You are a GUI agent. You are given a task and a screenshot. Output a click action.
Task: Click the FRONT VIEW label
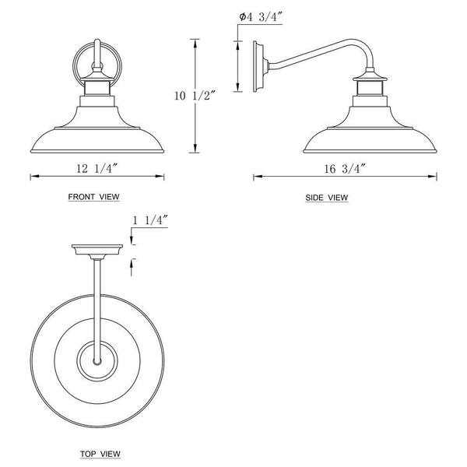tap(94, 198)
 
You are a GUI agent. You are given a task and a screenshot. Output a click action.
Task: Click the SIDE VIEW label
tap(327, 198)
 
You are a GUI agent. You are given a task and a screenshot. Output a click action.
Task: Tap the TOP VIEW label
tap(100, 453)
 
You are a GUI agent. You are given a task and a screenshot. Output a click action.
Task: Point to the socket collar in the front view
tap(97, 91)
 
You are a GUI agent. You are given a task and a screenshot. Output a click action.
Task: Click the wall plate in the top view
tap(97, 250)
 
